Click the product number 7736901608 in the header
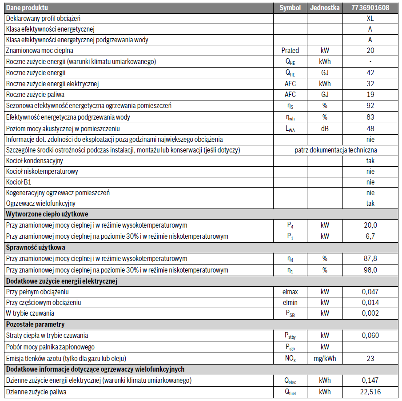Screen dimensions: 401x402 click(x=370, y=8)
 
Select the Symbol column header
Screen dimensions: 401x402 click(x=290, y=8)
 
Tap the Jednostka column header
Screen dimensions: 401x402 click(x=325, y=8)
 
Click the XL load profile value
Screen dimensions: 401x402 click(x=370, y=19)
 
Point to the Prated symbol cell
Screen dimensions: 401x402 click(x=290, y=51)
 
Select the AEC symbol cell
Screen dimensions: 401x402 click(x=290, y=84)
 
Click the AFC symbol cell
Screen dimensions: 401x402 click(x=290, y=94)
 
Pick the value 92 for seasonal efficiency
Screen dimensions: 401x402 click(x=370, y=105)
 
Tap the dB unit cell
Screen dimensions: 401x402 click(x=325, y=128)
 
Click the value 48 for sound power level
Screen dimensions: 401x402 click(x=370, y=128)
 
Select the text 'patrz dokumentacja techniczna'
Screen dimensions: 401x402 click(x=336, y=150)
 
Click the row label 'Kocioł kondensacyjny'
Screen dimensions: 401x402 click(x=34, y=160)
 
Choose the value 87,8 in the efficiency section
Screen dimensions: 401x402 click(x=370, y=258)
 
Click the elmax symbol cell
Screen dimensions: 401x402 click(x=290, y=292)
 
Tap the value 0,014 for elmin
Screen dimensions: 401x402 click(x=370, y=303)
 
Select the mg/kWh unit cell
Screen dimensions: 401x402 click(x=325, y=358)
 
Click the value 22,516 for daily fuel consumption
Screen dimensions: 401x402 click(x=370, y=392)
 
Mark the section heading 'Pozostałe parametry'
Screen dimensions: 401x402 click(x=36, y=325)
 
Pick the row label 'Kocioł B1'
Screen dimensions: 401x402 click(x=19, y=182)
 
